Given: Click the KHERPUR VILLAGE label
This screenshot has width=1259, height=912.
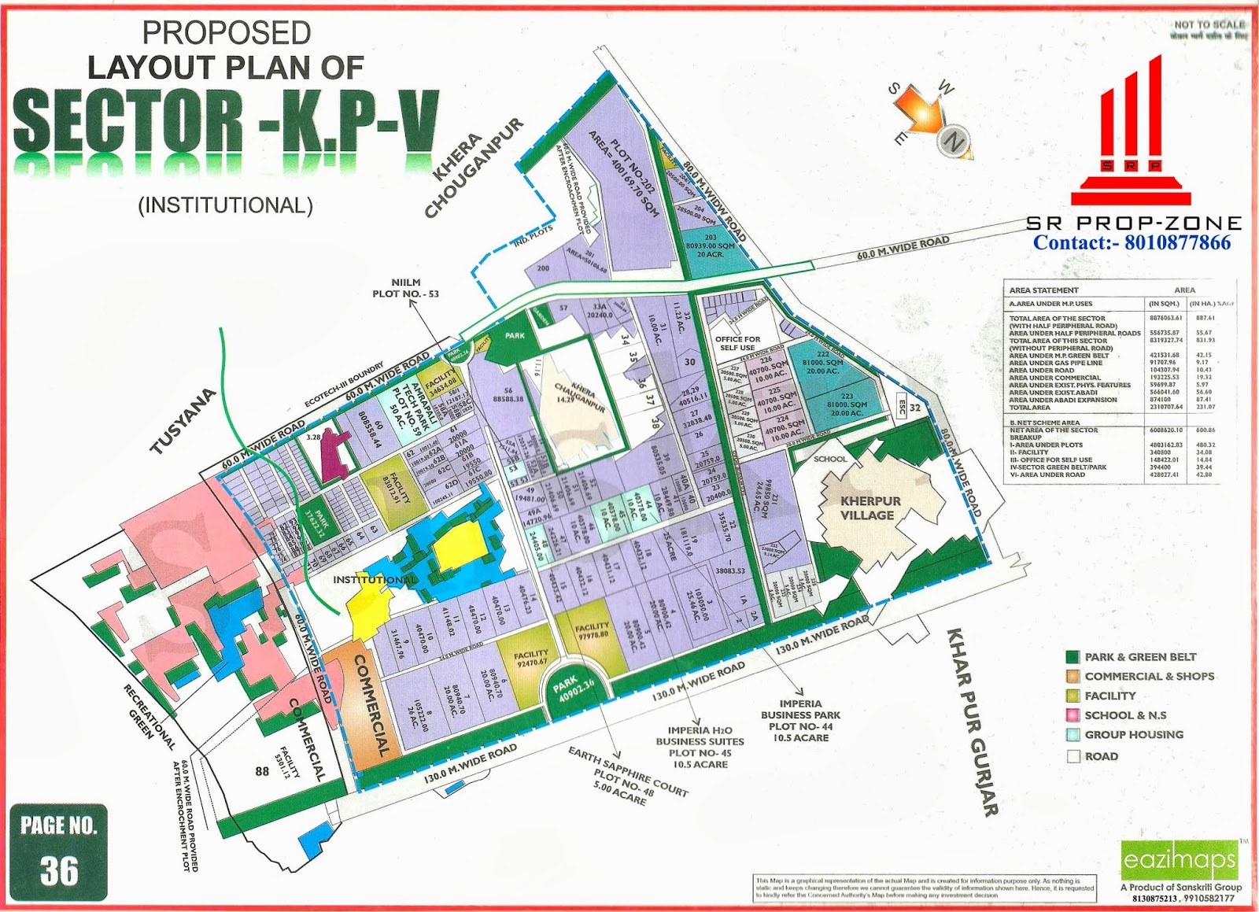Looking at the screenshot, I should pos(869,508).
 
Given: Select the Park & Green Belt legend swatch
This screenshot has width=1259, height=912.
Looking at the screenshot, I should pos(1073,657).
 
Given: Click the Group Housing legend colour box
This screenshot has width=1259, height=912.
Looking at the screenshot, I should pos(1073,735).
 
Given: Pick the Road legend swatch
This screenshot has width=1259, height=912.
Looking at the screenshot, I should pos(1073,756).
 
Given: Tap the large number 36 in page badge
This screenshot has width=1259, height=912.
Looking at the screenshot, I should pos(59,870).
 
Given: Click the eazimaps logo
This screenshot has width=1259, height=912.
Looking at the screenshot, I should pos(1180,859).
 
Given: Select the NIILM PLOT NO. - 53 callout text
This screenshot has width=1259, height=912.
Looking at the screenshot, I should pos(405,288).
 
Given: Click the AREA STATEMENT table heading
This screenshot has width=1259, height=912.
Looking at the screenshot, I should pos(1043,290).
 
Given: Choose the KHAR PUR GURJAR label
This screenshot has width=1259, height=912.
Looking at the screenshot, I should pos(972,721).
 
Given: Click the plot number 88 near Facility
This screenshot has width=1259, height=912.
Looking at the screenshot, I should pos(262,771).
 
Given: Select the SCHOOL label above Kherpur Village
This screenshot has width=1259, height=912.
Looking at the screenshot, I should pos(830,459).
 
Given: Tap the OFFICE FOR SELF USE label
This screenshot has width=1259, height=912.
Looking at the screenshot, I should pos(737,343).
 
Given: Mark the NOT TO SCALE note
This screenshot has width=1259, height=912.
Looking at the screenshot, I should pos(1209,25).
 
